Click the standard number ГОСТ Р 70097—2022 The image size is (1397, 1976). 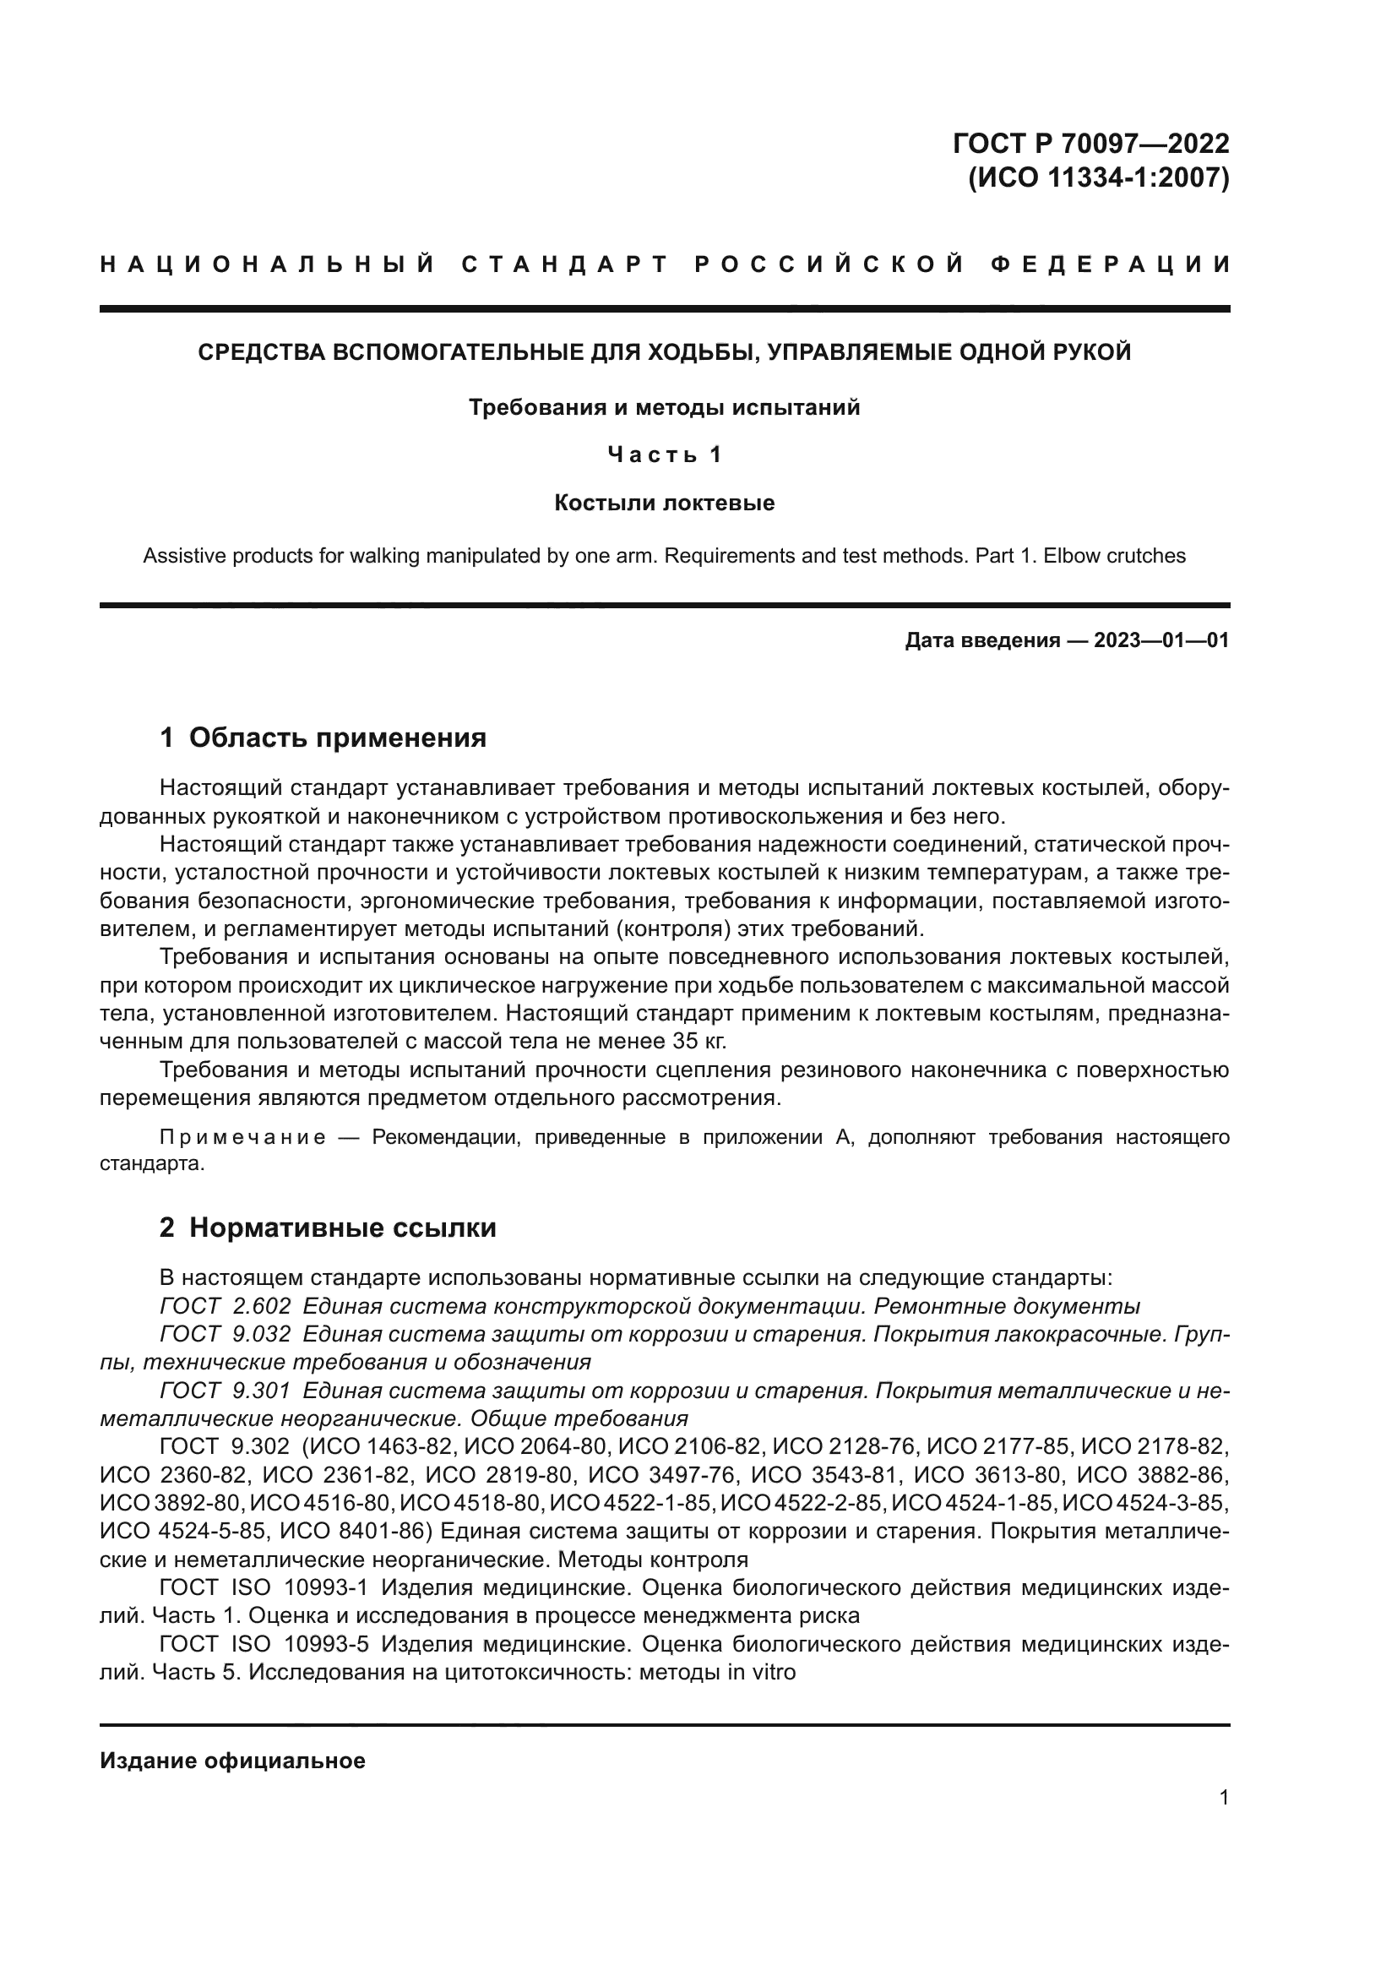(1090, 144)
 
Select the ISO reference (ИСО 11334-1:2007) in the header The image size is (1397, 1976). (1099, 178)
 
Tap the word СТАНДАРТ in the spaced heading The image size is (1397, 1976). (565, 264)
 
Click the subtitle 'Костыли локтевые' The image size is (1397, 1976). (664, 503)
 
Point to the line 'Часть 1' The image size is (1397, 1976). (664, 455)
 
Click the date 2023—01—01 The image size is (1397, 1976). (1161, 640)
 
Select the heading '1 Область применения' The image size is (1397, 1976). (323, 738)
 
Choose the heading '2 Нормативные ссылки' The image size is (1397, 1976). (328, 1228)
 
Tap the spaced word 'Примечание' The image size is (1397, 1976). (242, 1138)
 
